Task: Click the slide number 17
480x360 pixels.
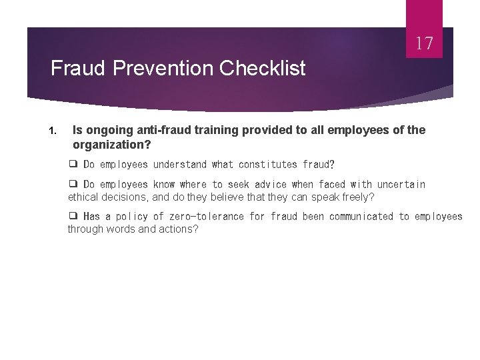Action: pos(425,45)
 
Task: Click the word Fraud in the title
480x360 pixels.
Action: pos(75,68)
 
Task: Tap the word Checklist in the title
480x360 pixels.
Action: pos(262,68)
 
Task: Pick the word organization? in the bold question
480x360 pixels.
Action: pos(111,145)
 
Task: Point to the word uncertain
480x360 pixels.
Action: pos(401,185)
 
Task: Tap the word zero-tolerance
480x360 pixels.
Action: pos(207,217)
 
